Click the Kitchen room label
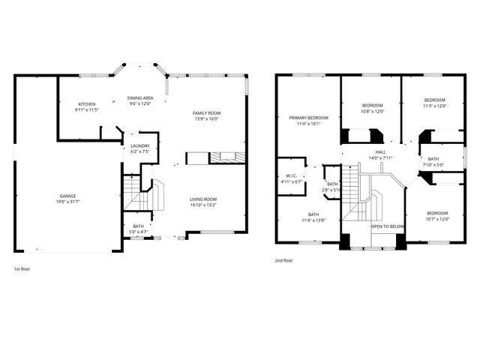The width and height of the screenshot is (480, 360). pyautogui.click(x=88, y=104)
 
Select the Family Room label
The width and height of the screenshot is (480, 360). pyautogui.click(x=207, y=112)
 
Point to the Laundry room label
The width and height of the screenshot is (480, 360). pyautogui.click(x=140, y=145)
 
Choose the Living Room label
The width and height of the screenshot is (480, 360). pyautogui.click(x=203, y=199)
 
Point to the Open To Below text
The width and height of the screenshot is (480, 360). pyautogui.click(x=388, y=226)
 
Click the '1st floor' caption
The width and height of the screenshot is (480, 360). pyautogui.click(x=22, y=268)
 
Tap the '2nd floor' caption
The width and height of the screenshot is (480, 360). pyautogui.click(x=284, y=261)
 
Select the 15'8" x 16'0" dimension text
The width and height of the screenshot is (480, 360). pyautogui.click(x=207, y=118)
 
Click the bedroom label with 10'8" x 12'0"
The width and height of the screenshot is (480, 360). pyautogui.click(x=373, y=105)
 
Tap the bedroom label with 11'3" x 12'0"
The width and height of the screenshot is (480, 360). pyautogui.click(x=434, y=100)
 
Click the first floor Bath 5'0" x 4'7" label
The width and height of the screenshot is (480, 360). pyautogui.click(x=138, y=226)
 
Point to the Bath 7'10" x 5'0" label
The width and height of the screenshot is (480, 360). pyautogui.click(x=433, y=158)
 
